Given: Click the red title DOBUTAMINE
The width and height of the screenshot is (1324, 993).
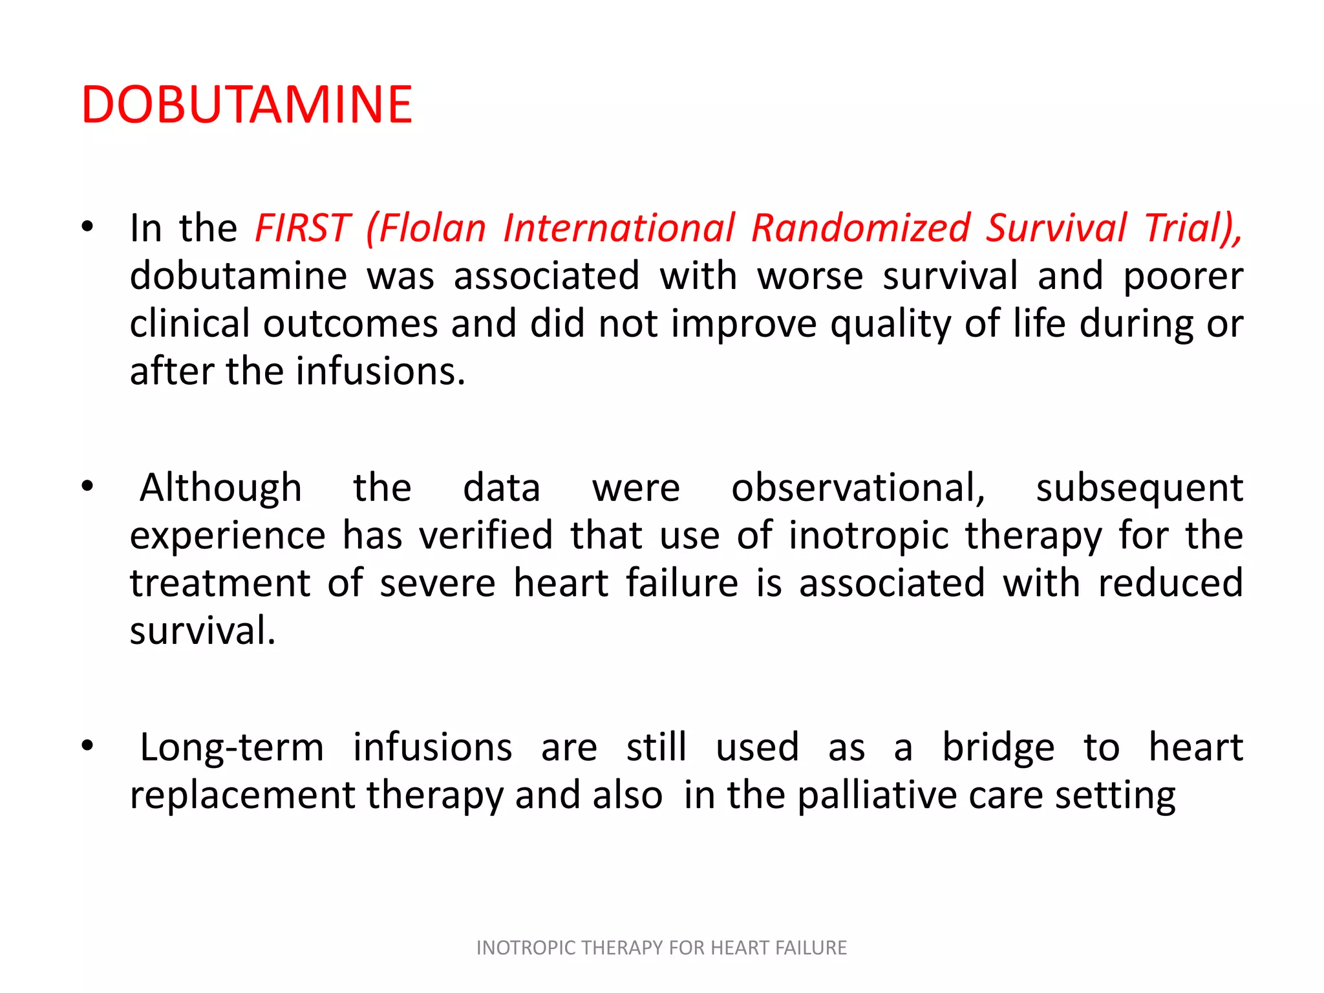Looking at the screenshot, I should tap(246, 105).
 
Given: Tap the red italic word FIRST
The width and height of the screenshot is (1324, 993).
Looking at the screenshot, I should tap(302, 228).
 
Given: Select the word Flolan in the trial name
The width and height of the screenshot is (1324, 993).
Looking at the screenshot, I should tap(432, 228).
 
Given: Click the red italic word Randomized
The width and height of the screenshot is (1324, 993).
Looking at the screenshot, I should tap(860, 228).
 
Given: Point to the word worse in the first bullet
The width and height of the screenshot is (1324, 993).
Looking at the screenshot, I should tap(810, 276).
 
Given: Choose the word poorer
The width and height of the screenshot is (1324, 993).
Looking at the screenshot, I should tap(1182, 276).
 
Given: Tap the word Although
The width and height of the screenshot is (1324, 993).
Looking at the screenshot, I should tap(221, 487).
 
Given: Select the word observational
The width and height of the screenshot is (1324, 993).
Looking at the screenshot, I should tap(858, 487).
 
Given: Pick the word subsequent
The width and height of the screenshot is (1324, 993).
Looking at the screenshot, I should tap(1139, 487).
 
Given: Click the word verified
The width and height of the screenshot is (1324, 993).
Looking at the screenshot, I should tap(486, 535).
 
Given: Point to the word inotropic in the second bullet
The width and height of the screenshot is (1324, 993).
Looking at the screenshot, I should tap(868, 535).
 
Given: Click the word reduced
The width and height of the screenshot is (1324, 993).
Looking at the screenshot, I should tap(1170, 583).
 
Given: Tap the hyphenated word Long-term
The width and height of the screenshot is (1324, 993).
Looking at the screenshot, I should tap(231, 747).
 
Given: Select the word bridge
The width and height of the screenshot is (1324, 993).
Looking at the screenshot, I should tap(998, 747).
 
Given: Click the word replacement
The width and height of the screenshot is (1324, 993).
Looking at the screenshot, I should tap(242, 795).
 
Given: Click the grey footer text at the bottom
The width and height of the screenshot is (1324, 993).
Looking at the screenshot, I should tap(661, 948).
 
